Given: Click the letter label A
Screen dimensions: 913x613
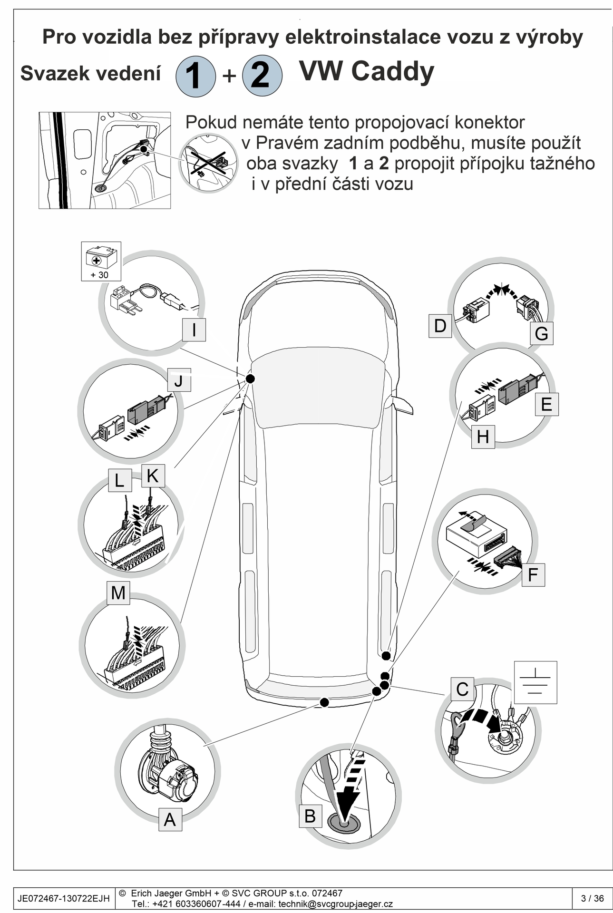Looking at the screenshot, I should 170,819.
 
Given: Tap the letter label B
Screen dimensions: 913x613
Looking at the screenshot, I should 310,816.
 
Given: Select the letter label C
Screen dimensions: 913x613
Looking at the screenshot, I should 462,689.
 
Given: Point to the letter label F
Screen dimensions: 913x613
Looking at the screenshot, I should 533,574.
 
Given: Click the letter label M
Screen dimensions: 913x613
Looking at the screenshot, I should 118,593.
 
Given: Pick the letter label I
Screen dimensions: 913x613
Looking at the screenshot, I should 194,330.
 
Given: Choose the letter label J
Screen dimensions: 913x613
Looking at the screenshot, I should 179,380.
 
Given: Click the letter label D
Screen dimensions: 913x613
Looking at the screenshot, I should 440,326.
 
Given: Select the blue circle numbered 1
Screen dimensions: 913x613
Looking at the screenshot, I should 195,76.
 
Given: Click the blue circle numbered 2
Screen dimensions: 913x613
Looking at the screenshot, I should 262,75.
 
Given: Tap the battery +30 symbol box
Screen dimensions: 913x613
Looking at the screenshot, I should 101,261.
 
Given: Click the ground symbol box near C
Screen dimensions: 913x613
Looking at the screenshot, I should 535,682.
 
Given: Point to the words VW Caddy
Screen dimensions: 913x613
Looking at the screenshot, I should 367,71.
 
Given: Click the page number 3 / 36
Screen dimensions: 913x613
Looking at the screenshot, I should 592,898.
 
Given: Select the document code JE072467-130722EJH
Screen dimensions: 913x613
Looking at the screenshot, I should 64,898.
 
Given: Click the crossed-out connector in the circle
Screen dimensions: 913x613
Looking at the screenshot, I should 209,163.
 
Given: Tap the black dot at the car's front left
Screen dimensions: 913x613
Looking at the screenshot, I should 250,379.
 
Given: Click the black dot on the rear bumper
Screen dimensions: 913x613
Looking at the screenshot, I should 324,702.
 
